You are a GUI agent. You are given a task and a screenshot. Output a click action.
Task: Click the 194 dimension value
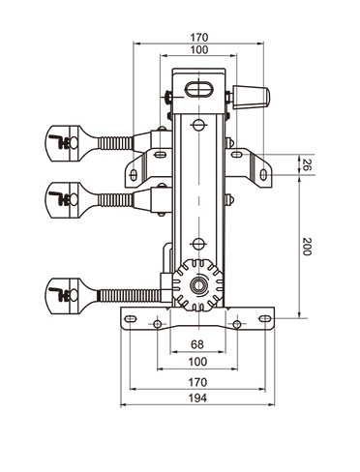click(x=197, y=398)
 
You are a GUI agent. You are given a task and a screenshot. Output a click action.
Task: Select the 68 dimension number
click(x=197, y=344)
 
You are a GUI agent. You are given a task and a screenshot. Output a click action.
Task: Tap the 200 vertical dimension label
click(x=307, y=247)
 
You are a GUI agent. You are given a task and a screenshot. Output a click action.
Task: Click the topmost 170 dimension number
click(x=199, y=38)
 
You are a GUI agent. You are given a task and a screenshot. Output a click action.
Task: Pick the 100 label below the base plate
click(x=197, y=362)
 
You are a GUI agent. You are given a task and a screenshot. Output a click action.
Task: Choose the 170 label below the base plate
click(x=197, y=382)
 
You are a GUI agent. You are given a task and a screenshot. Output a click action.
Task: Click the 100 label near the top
click(x=199, y=50)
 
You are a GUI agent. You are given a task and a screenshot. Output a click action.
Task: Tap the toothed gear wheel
click(x=197, y=284)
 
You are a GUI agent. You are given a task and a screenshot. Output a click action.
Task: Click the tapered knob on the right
click(x=252, y=97)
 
